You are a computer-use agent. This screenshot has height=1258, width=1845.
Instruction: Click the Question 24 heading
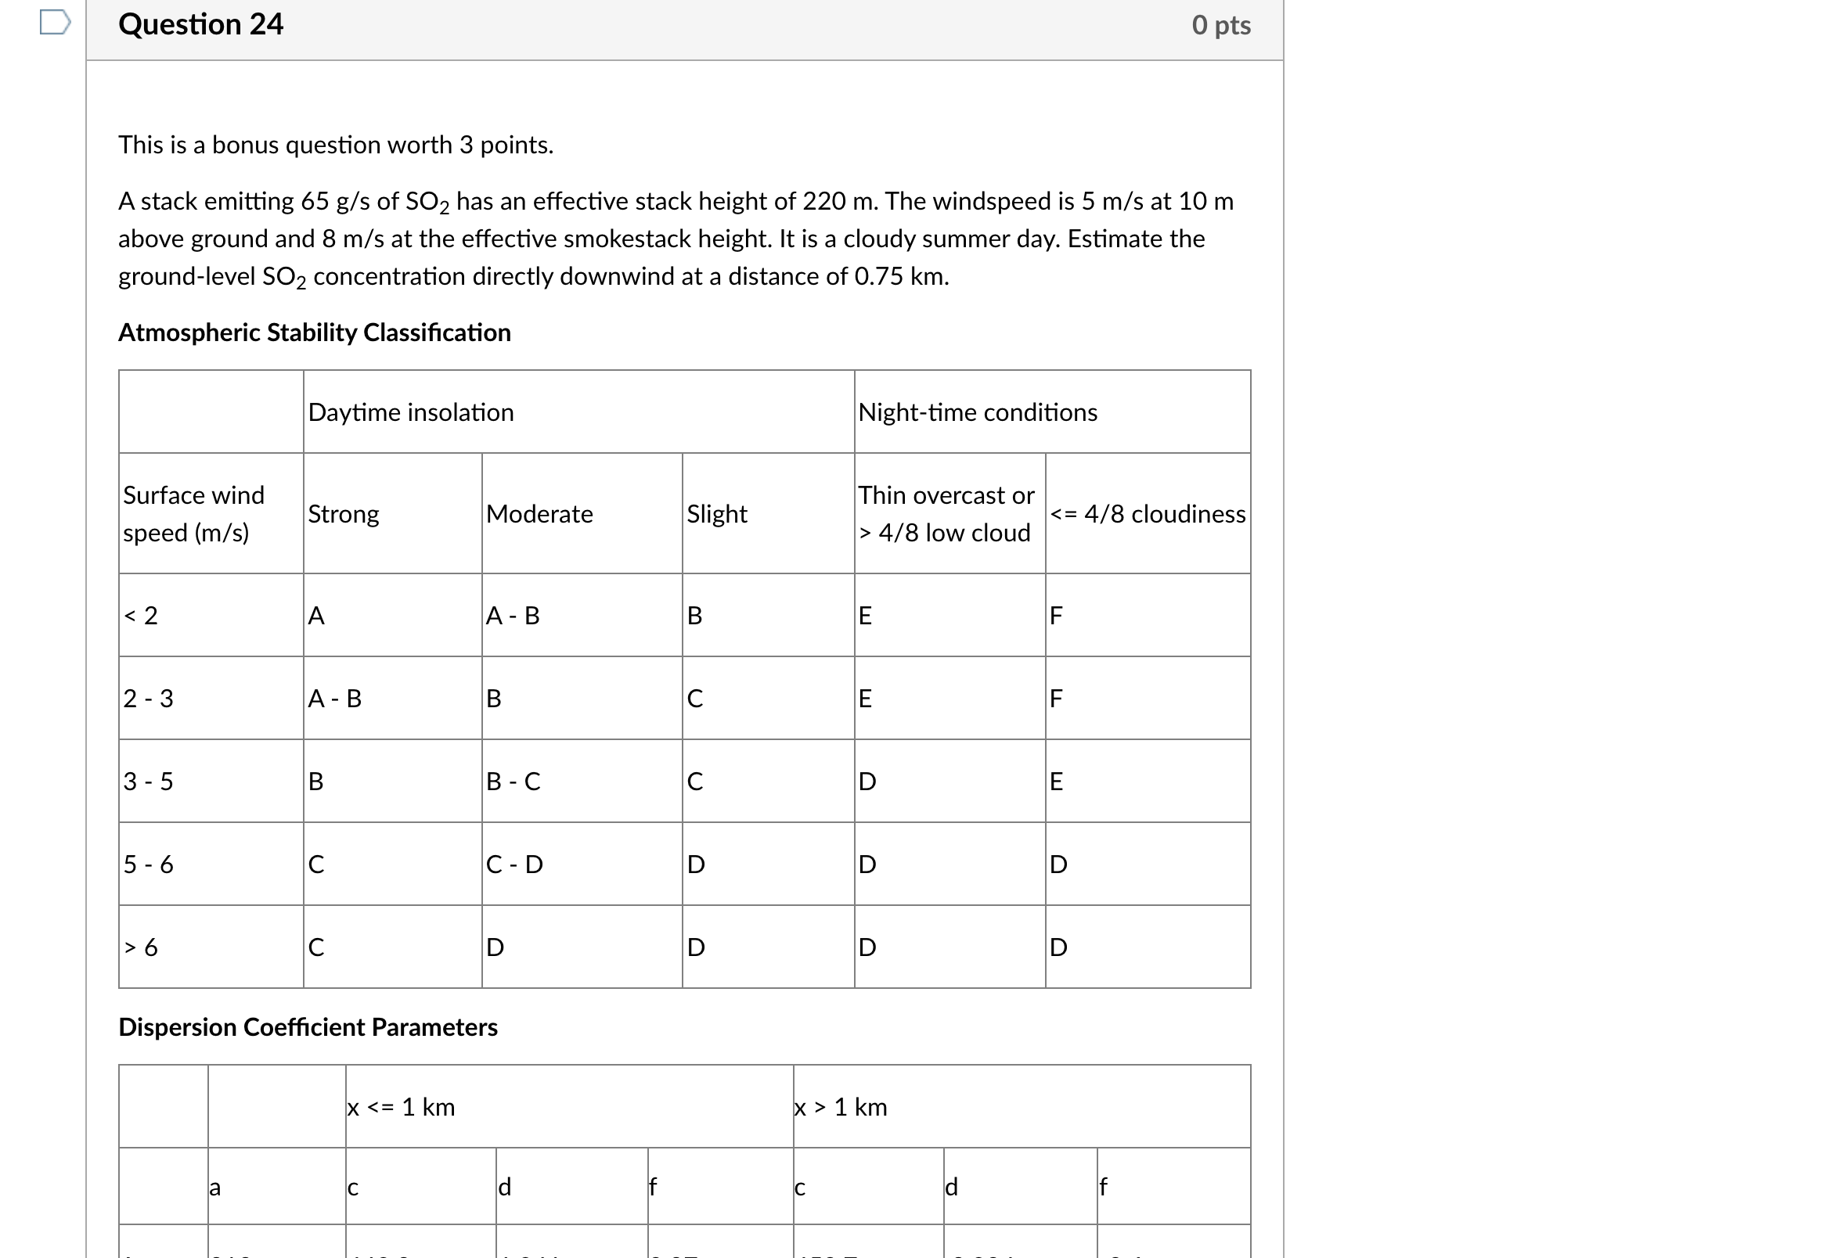pos(200,24)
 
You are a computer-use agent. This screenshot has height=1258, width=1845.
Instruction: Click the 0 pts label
pos(1220,25)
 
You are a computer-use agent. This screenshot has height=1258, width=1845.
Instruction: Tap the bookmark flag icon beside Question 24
pos(55,22)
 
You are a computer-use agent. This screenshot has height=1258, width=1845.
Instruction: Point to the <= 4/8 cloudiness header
pos(1148,514)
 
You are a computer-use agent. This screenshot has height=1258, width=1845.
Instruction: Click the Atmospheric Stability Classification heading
pos(315,332)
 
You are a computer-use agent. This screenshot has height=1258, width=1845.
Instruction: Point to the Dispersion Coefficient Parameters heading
pos(308,1028)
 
